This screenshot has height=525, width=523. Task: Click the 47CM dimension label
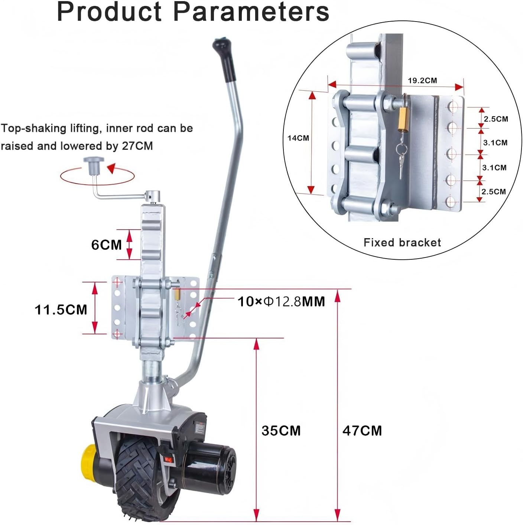[x=362, y=431]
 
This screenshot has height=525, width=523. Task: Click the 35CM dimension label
[x=281, y=431]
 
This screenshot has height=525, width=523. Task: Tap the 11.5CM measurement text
[x=61, y=310]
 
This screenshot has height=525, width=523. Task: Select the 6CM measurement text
[x=106, y=244]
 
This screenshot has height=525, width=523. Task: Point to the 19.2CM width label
[x=422, y=80]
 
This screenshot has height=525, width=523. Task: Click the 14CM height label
[x=298, y=138]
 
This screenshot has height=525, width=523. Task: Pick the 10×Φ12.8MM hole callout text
[x=282, y=302]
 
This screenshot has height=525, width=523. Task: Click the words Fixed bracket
[x=402, y=243]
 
